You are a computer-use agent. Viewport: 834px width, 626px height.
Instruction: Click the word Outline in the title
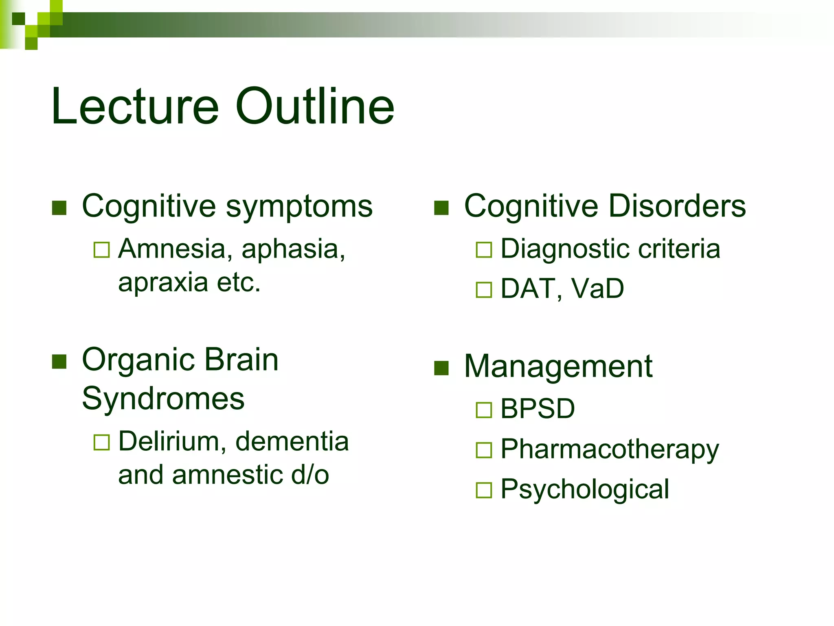point(314,107)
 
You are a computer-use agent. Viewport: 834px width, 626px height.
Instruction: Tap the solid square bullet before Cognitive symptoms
point(59,208)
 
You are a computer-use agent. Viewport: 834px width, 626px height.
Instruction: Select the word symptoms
point(299,207)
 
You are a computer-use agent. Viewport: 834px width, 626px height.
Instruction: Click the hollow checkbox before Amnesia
point(101,250)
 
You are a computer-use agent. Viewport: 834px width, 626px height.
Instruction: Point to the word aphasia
point(293,249)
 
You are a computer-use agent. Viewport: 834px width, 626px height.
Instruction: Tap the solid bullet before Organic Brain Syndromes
point(59,361)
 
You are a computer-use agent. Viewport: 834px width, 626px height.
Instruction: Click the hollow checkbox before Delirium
point(101,442)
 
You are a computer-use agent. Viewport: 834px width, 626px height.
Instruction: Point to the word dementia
point(292,441)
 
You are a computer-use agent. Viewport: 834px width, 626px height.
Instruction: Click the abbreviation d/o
point(310,475)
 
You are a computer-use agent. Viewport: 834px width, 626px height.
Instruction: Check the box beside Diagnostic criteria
point(484,250)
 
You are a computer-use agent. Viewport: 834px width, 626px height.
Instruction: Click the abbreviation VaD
point(598,289)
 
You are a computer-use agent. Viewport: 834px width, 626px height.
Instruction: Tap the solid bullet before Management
point(441,368)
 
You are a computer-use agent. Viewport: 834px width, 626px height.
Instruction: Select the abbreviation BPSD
point(538,408)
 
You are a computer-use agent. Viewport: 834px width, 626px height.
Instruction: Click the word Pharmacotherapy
point(610,450)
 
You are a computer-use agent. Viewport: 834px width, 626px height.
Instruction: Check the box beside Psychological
point(484,490)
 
